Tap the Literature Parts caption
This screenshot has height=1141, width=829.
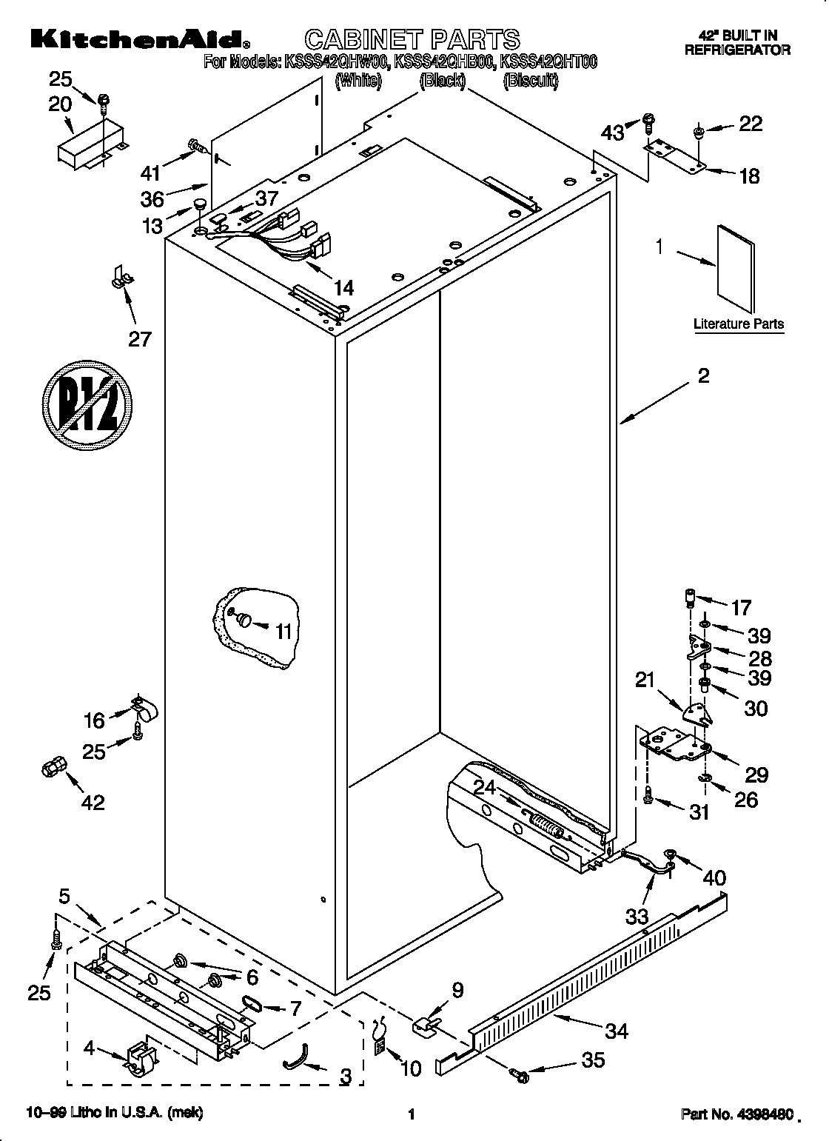click(738, 324)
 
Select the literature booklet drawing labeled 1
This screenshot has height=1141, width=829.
click(734, 267)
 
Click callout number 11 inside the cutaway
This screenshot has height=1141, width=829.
click(283, 631)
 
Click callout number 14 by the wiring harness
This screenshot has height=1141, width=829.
click(343, 288)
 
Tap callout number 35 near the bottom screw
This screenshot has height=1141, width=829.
click(594, 1060)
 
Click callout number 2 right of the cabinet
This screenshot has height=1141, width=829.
click(702, 375)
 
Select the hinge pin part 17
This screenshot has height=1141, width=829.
click(691, 598)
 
